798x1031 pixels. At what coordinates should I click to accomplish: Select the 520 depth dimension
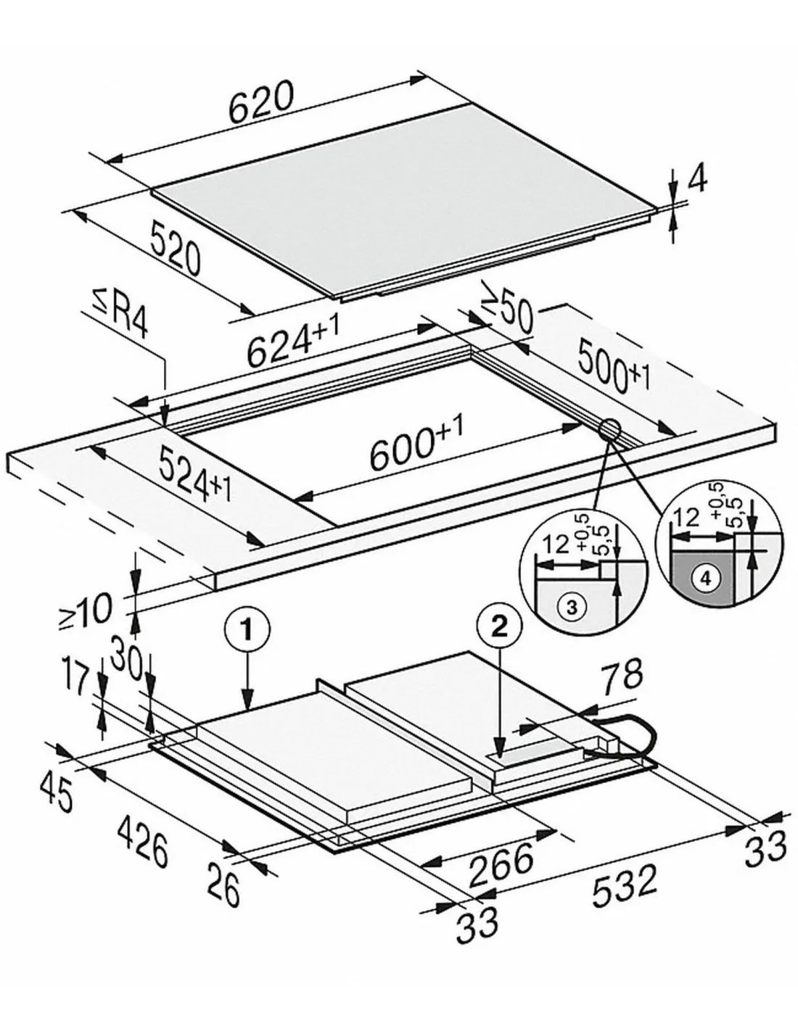[176, 247]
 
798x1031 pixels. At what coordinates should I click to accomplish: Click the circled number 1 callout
[247, 630]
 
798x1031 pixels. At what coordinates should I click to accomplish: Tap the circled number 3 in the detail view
[572, 607]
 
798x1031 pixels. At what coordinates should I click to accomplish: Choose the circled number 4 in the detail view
[706, 578]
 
